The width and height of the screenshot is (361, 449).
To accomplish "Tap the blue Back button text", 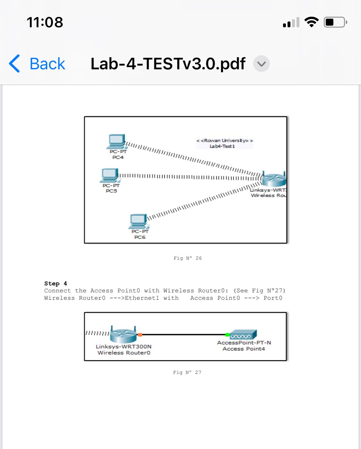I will click(47, 64).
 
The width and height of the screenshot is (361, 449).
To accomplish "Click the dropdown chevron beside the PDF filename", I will click(261, 64).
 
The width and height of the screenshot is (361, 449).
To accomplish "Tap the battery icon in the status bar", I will click(335, 22).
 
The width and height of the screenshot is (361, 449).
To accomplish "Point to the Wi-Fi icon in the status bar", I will click(311, 22).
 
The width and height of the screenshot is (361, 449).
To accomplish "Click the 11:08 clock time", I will click(45, 22).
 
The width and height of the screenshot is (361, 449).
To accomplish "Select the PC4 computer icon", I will click(116, 141).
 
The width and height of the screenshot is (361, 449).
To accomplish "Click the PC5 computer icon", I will click(110, 175).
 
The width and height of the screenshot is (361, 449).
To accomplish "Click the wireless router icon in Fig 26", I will click(274, 179).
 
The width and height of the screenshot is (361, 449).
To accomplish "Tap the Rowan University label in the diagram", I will click(225, 141).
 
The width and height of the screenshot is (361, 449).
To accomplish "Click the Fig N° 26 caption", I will click(188, 258).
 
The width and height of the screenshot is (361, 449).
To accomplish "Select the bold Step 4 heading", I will click(56, 283).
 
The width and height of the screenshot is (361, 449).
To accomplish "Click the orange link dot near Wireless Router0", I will click(140, 335).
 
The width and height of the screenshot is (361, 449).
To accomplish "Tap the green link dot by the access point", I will click(227, 335).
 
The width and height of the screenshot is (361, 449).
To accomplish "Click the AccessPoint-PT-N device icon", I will click(243, 335).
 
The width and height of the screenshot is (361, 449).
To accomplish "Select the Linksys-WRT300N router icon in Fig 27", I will click(124, 334).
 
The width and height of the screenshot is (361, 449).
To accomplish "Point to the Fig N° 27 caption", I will click(187, 372).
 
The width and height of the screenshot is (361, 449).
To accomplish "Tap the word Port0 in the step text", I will click(273, 298).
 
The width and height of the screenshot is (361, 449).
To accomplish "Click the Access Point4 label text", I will click(244, 349).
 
